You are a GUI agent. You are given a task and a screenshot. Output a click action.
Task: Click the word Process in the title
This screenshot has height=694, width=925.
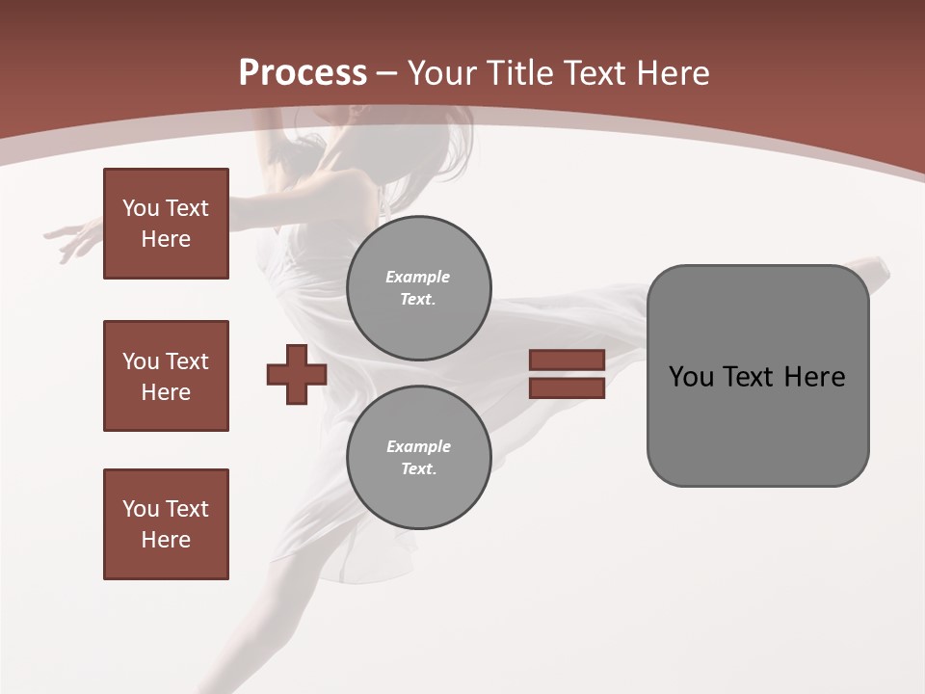coord(303,73)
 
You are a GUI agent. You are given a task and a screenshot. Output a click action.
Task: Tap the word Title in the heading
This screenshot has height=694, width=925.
coord(519,73)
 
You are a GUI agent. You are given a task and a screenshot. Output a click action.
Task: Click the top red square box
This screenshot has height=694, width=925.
coord(166,224)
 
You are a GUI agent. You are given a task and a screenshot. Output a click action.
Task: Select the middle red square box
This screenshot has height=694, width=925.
coord(166,376)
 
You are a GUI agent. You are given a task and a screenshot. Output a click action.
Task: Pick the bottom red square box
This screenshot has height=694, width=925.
coord(166,524)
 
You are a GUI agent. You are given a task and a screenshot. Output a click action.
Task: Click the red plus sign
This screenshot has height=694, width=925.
coord(297,374)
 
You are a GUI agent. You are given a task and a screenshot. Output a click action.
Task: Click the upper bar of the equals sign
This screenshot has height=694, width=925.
coord(567,360)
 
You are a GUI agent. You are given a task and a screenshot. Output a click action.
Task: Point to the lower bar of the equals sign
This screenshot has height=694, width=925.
coord(567,387)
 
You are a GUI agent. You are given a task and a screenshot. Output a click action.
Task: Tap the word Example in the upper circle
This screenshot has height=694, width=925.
coord(418,277)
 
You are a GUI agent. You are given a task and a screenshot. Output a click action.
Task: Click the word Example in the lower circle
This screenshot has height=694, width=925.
coord(418,446)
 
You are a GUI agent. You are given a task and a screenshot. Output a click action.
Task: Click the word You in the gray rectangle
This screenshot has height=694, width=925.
coord(691,377)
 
